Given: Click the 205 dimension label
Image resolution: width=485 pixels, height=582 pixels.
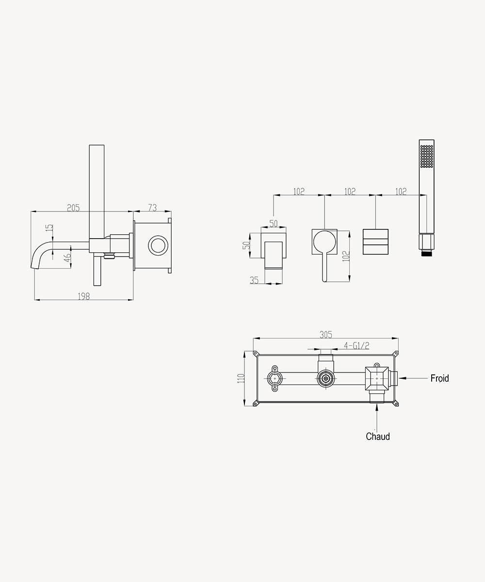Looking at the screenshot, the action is click(x=73, y=208).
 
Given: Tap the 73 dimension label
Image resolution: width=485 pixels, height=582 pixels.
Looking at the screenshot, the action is click(x=152, y=208).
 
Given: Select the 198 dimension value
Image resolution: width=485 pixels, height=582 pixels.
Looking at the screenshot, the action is click(x=83, y=296).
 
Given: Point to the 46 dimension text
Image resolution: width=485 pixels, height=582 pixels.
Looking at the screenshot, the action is click(x=67, y=258).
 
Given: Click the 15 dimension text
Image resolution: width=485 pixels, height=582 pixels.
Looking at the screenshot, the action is click(x=49, y=227).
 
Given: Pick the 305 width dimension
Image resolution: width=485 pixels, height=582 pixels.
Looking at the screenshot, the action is click(x=326, y=335).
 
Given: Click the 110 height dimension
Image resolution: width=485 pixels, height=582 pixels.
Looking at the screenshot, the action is click(x=241, y=378).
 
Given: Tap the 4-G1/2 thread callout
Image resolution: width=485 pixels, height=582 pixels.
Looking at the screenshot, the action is click(x=356, y=346).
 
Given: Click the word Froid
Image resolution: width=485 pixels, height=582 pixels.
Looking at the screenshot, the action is click(x=439, y=378).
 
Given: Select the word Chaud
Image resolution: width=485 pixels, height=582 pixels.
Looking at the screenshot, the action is click(x=378, y=436).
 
